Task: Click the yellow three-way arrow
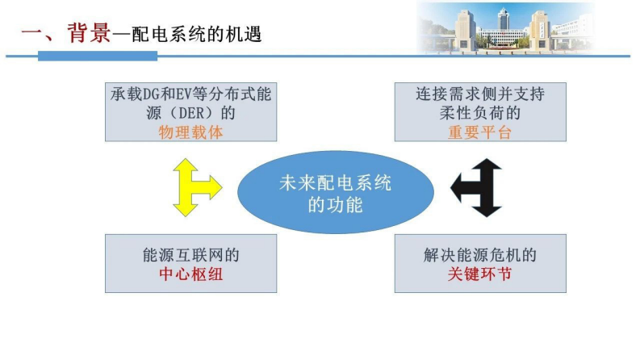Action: pyautogui.click(x=194, y=187)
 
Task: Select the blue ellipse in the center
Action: pyautogui.click(x=335, y=194)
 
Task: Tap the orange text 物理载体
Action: pyautogui.click(x=190, y=133)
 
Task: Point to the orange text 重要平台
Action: pyautogui.click(x=480, y=133)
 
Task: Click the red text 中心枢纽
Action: pyautogui.click(x=190, y=274)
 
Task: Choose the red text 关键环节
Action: pyautogui.click(x=480, y=274)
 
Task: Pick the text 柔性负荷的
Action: pyautogui.click(x=480, y=114)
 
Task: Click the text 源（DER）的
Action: pyautogui.click(x=190, y=114)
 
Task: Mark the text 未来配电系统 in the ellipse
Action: pyautogui.click(x=335, y=184)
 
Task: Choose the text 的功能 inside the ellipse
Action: pyautogui.click(x=335, y=205)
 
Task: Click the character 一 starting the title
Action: pyautogui.click(x=30, y=35)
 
